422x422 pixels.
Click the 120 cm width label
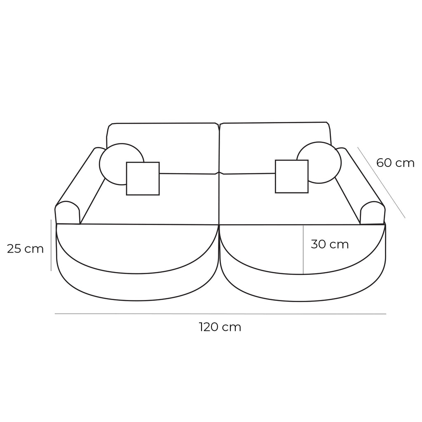tap(220, 328)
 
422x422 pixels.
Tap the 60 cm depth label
tap(395, 163)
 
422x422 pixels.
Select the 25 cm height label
tap(25, 249)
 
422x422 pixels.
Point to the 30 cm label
tap(330, 244)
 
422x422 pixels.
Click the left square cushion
tap(143, 178)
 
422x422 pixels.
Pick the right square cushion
tap(291, 176)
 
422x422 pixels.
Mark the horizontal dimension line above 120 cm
tap(220, 314)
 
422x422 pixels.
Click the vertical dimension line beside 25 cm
tap(51, 245)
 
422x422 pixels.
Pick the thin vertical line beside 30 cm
tap(303, 249)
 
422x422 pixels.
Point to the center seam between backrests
tap(219, 148)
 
